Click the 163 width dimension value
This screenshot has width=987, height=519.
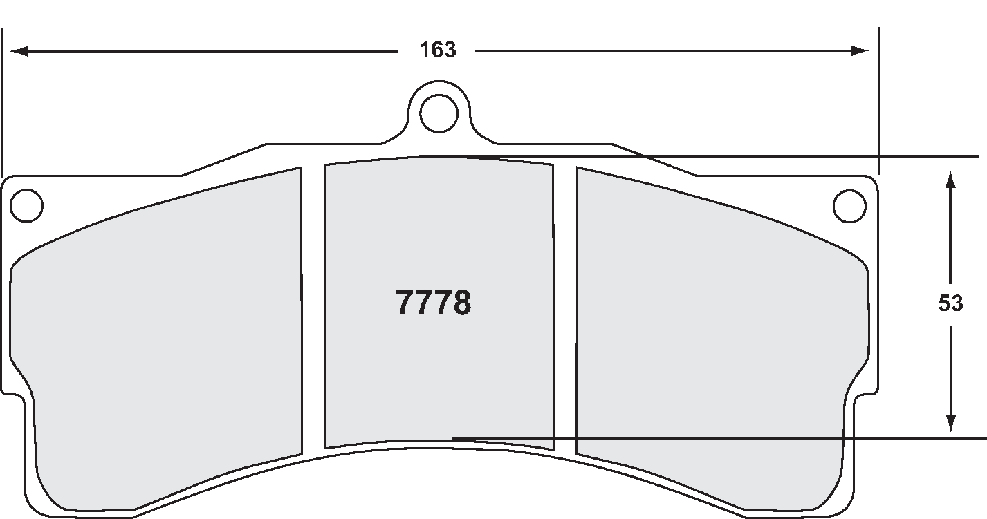click(x=439, y=50)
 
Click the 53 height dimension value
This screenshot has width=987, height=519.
click(x=950, y=303)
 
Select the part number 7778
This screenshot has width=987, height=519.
click(x=434, y=303)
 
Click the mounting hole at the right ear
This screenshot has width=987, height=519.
click(x=849, y=205)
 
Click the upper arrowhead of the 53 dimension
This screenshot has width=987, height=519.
click(x=950, y=180)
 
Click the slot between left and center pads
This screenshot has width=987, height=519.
click(x=313, y=311)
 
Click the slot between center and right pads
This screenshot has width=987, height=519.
click(x=565, y=311)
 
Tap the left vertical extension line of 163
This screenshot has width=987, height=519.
click(x=2, y=104)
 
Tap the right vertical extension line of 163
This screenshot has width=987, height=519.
click(x=878, y=104)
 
